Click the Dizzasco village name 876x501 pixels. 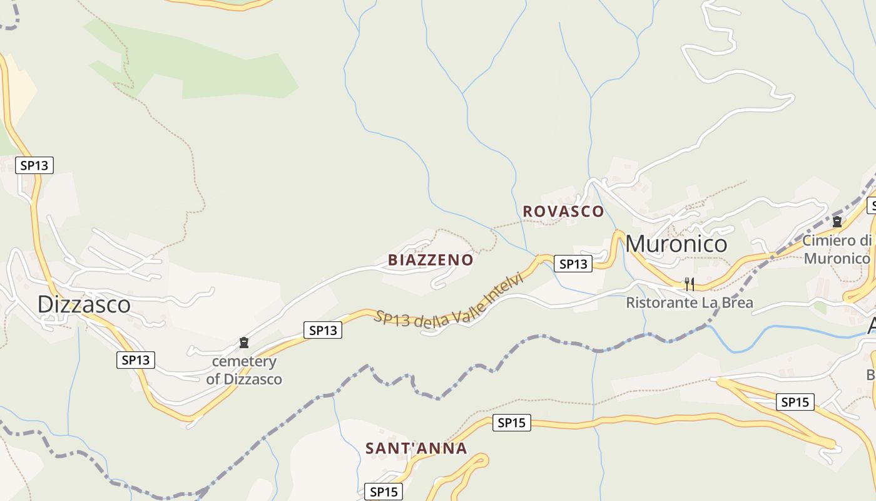[84, 304]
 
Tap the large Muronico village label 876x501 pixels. [676, 244]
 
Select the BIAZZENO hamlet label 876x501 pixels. [430, 260]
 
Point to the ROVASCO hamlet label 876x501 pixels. [563, 212]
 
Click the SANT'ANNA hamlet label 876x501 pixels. [416, 448]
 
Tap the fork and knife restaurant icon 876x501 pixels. [689, 284]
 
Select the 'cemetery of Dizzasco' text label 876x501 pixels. [244, 370]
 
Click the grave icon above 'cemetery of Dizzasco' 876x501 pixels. [244, 343]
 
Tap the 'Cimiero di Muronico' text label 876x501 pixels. [837, 249]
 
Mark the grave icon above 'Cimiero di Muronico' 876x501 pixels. [837, 221]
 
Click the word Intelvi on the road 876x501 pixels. [502, 291]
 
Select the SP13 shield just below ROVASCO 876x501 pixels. [573, 264]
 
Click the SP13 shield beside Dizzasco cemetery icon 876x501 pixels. [323, 330]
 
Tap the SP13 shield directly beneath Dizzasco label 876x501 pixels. [136, 360]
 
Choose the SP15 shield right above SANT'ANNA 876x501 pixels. [511, 423]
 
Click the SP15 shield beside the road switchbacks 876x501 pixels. [795, 402]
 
